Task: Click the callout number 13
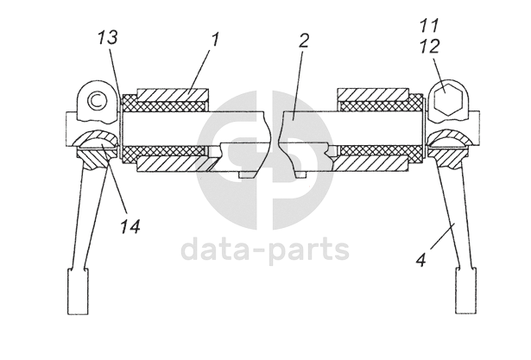coord(108,39)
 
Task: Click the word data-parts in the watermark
coord(265,250)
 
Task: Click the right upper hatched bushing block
coord(373,92)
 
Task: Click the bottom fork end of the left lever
coord(76,293)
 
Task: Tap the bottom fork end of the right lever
coord(465,293)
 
